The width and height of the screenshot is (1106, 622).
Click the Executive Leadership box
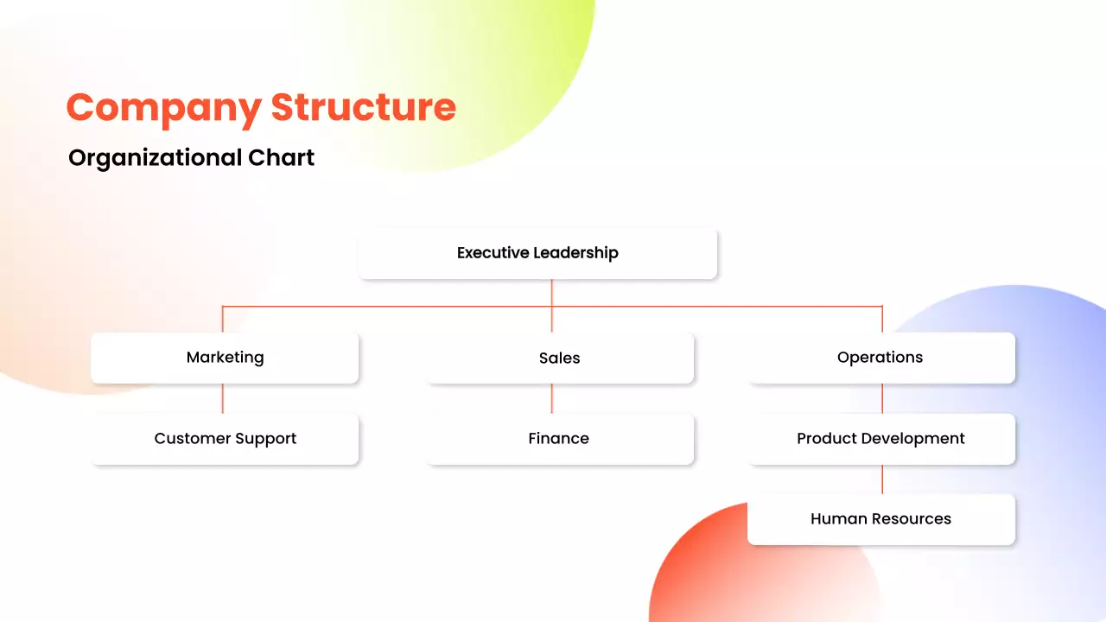537,253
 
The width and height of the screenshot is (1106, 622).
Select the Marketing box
225,358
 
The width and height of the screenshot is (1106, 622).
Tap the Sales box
560,358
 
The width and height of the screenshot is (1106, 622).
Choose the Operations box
880,358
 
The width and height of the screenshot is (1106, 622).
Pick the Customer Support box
225,439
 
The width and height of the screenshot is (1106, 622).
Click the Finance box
560,439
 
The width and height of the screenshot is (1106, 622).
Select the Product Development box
880,439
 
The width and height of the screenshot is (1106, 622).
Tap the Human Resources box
880,519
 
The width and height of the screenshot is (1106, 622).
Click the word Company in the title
163,109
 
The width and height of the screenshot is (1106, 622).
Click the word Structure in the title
363,107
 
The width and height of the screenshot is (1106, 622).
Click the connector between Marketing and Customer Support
223,398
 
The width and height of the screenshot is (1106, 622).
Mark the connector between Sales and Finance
551,398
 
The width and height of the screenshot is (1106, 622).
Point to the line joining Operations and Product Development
882,398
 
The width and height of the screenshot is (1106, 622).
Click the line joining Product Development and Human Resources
882,479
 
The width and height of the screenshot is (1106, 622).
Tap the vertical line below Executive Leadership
551,294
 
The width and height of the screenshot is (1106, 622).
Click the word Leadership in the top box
575,253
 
